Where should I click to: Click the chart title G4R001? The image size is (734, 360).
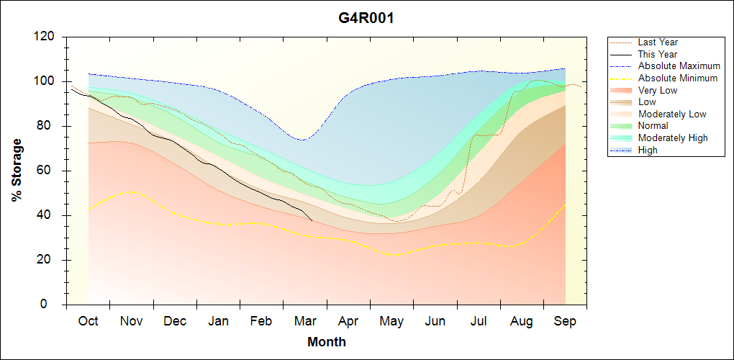(366, 18)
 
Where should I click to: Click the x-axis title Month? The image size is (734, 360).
(326, 342)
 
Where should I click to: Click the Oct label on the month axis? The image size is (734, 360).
(88, 322)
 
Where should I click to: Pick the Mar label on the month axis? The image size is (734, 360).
(304, 322)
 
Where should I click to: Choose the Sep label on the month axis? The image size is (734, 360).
(565, 322)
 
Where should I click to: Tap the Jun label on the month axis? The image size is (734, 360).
(435, 322)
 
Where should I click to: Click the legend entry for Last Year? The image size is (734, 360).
(658, 42)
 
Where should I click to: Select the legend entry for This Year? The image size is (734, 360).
(658, 54)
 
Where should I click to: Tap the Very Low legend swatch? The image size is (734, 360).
(622, 90)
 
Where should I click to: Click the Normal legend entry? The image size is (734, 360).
(653, 126)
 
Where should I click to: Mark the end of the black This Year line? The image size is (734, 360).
(312, 220)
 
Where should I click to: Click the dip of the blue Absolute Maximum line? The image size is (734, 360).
(302, 140)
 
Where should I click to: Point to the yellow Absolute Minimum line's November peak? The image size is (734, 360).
(130, 191)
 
